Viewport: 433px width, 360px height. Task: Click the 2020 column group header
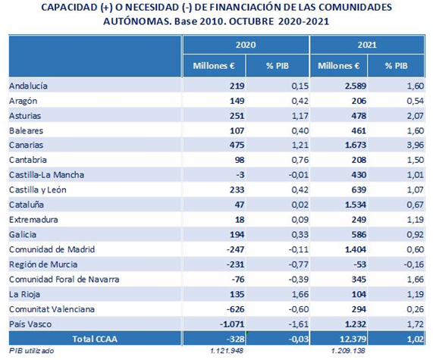tap(246, 45)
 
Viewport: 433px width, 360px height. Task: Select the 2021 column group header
tap(367, 45)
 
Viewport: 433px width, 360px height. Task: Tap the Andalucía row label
tap(28, 86)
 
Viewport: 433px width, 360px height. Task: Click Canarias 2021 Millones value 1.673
tap(356, 145)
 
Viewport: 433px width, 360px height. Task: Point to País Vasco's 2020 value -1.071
tap(232, 324)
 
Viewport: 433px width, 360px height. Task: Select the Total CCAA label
tap(95, 339)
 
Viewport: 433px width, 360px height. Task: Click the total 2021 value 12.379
tap(353, 339)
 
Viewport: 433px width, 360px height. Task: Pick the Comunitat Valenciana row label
tap(52, 309)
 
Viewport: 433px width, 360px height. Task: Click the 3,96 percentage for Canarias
tap(416, 145)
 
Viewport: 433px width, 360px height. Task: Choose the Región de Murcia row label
tap(43, 265)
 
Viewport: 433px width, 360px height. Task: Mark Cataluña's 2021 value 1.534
tap(356, 205)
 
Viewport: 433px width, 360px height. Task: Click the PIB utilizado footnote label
tap(32, 351)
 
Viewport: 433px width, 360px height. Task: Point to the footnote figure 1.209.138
tap(348, 351)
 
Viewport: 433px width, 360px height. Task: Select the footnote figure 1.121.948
tap(227, 351)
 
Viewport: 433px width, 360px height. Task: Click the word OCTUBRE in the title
tap(252, 21)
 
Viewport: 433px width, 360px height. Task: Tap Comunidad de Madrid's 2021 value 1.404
tap(356, 249)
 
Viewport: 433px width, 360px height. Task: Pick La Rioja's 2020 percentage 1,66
tap(300, 294)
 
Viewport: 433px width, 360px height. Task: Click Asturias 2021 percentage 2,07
tap(416, 115)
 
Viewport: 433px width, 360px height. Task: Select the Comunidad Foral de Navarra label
tap(64, 280)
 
